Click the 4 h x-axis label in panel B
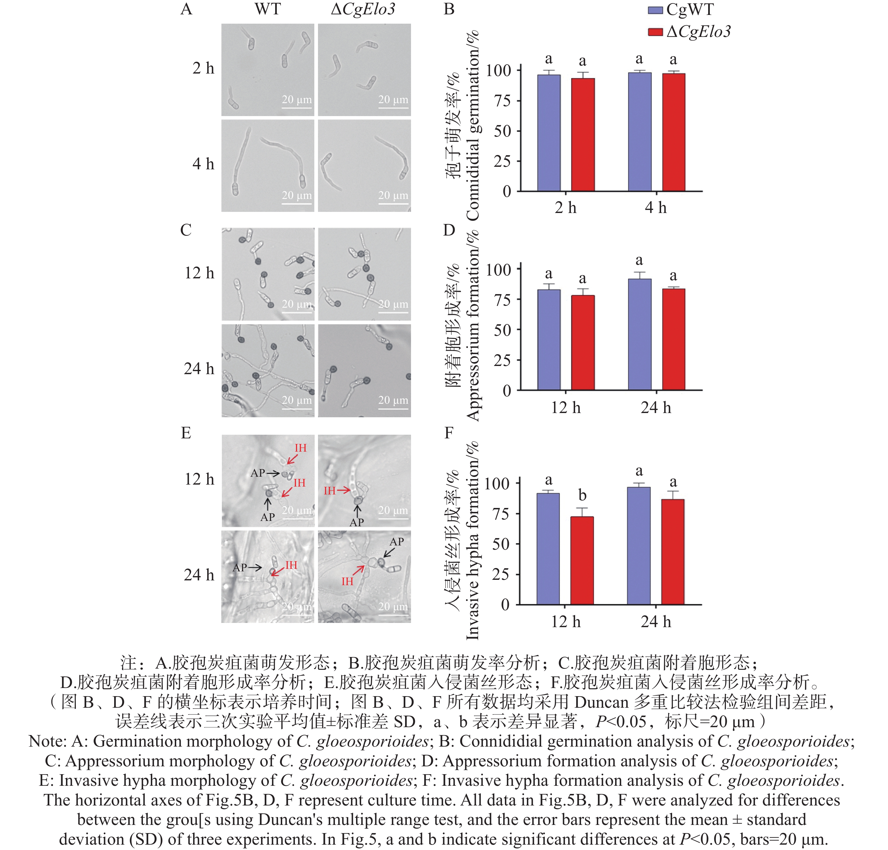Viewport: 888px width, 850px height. point(656,208)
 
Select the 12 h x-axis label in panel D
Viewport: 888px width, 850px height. point(566,408)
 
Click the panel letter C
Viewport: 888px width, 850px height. point(186,230)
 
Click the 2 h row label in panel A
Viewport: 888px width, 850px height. point(203,68)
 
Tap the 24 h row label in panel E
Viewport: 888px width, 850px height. point(199,575)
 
